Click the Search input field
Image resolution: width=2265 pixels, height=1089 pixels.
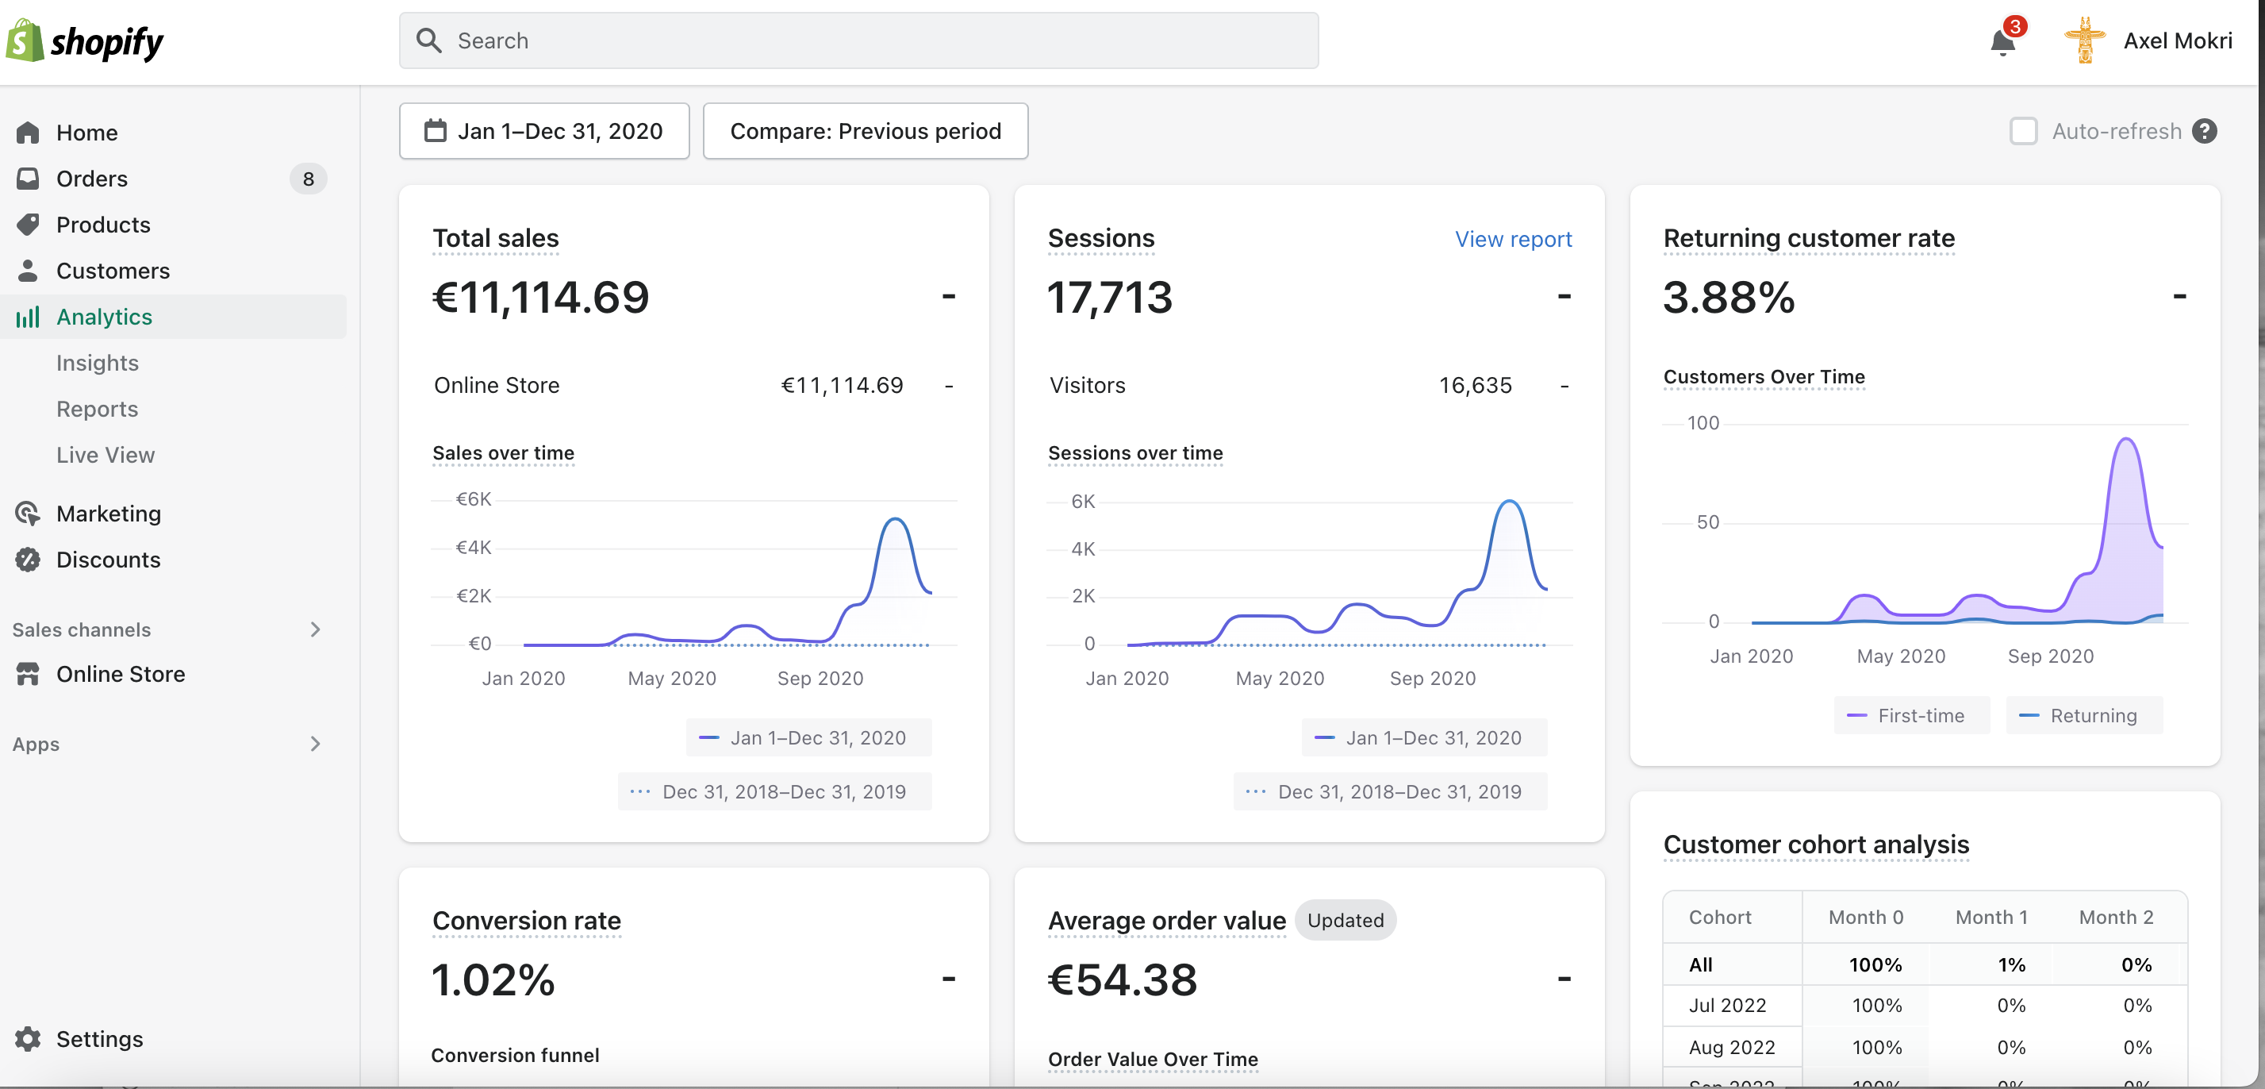pyautogui.click(x=858, y=40)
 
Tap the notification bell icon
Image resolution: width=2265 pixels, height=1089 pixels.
pyautogui.click(x=2003, y=41)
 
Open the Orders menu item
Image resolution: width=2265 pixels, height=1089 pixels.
pyautogui.click(x=91, y=179)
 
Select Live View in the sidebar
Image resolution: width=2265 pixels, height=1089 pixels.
pyautogui.click(x=106, y=455)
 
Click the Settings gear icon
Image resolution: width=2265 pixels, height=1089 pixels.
pyautogui.click(x=27, y=1039)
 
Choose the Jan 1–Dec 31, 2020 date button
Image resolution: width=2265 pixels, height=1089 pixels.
pyautogui.click(x=544, y=131)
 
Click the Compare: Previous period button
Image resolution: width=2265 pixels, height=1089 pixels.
pyautogui.click(x=866, y=131)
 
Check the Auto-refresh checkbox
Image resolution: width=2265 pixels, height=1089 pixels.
pyautogui.click(x=2023, y=131)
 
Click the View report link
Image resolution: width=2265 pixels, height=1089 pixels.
pyautogui.click(x=1512, y=239)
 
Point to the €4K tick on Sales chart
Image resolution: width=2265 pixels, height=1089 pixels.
pyautogui.click(x=473, y=547)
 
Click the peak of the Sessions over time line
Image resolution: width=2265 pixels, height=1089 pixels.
pyautogui.click(x=1510, y=501)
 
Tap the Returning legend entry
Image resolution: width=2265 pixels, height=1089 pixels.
pyautogui.click(x=2084, y=715)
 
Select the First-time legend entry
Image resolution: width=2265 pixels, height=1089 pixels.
pyautogui.click(x=1911, y=715)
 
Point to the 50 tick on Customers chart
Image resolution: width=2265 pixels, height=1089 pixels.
pyautogui.click(x=1707, y=522)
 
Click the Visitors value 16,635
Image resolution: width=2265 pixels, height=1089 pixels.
pyautogui.click(x=1475, y=385)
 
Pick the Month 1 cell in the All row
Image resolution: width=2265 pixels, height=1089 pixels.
pyautogui.click(x=2011, y=964)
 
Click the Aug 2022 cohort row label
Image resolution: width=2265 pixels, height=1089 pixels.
pyautogui.click(x=1731, y=1047)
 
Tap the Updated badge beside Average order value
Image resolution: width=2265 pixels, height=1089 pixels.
pyautogui.click(x=1346, y=920)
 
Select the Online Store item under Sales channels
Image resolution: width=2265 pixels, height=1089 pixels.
pyautogui.click(x=121, y=674)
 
